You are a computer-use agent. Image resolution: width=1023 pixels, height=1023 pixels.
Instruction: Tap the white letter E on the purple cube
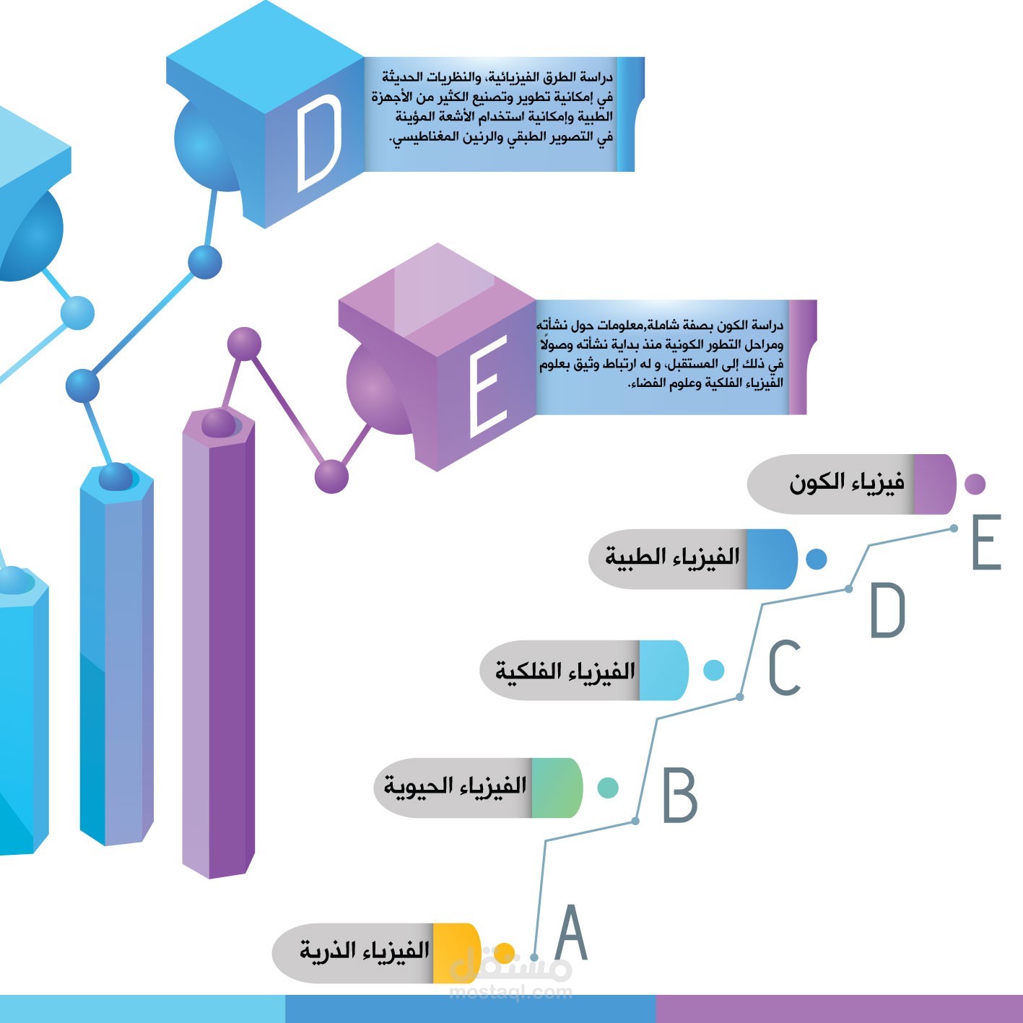coord(488,386)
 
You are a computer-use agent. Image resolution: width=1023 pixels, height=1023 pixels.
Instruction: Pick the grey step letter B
coord(679,796)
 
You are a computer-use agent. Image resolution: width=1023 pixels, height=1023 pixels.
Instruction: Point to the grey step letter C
coord(785,668)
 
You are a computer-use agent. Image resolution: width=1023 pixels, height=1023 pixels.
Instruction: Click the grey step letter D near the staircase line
coord(888,611)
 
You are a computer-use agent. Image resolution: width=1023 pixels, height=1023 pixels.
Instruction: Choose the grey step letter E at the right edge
coord(987,542)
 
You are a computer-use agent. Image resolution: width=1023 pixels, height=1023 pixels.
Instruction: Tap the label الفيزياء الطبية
coord(672,557)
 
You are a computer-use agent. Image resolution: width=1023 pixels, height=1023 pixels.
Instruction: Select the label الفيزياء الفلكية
coord(565,671)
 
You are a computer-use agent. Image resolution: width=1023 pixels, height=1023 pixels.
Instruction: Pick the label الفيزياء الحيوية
coord(455,786)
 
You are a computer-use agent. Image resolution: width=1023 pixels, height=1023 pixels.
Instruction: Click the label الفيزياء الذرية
coord(365,952)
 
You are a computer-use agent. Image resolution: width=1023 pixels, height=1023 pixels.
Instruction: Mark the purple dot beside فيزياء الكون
coord(975,484)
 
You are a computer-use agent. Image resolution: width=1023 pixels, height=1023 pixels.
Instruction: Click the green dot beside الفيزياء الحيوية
coord(608,788)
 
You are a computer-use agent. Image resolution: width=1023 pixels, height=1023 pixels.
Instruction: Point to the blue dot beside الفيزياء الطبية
coord(817,559)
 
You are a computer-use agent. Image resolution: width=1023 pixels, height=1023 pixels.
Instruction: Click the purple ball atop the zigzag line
coord(244,344)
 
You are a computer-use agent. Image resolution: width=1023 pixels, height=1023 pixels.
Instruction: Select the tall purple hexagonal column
coord(218,650)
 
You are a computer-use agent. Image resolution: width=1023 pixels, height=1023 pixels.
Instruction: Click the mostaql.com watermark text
coord(510,993)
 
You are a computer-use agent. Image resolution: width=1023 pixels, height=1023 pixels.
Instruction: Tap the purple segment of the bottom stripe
coord(837,1009)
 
